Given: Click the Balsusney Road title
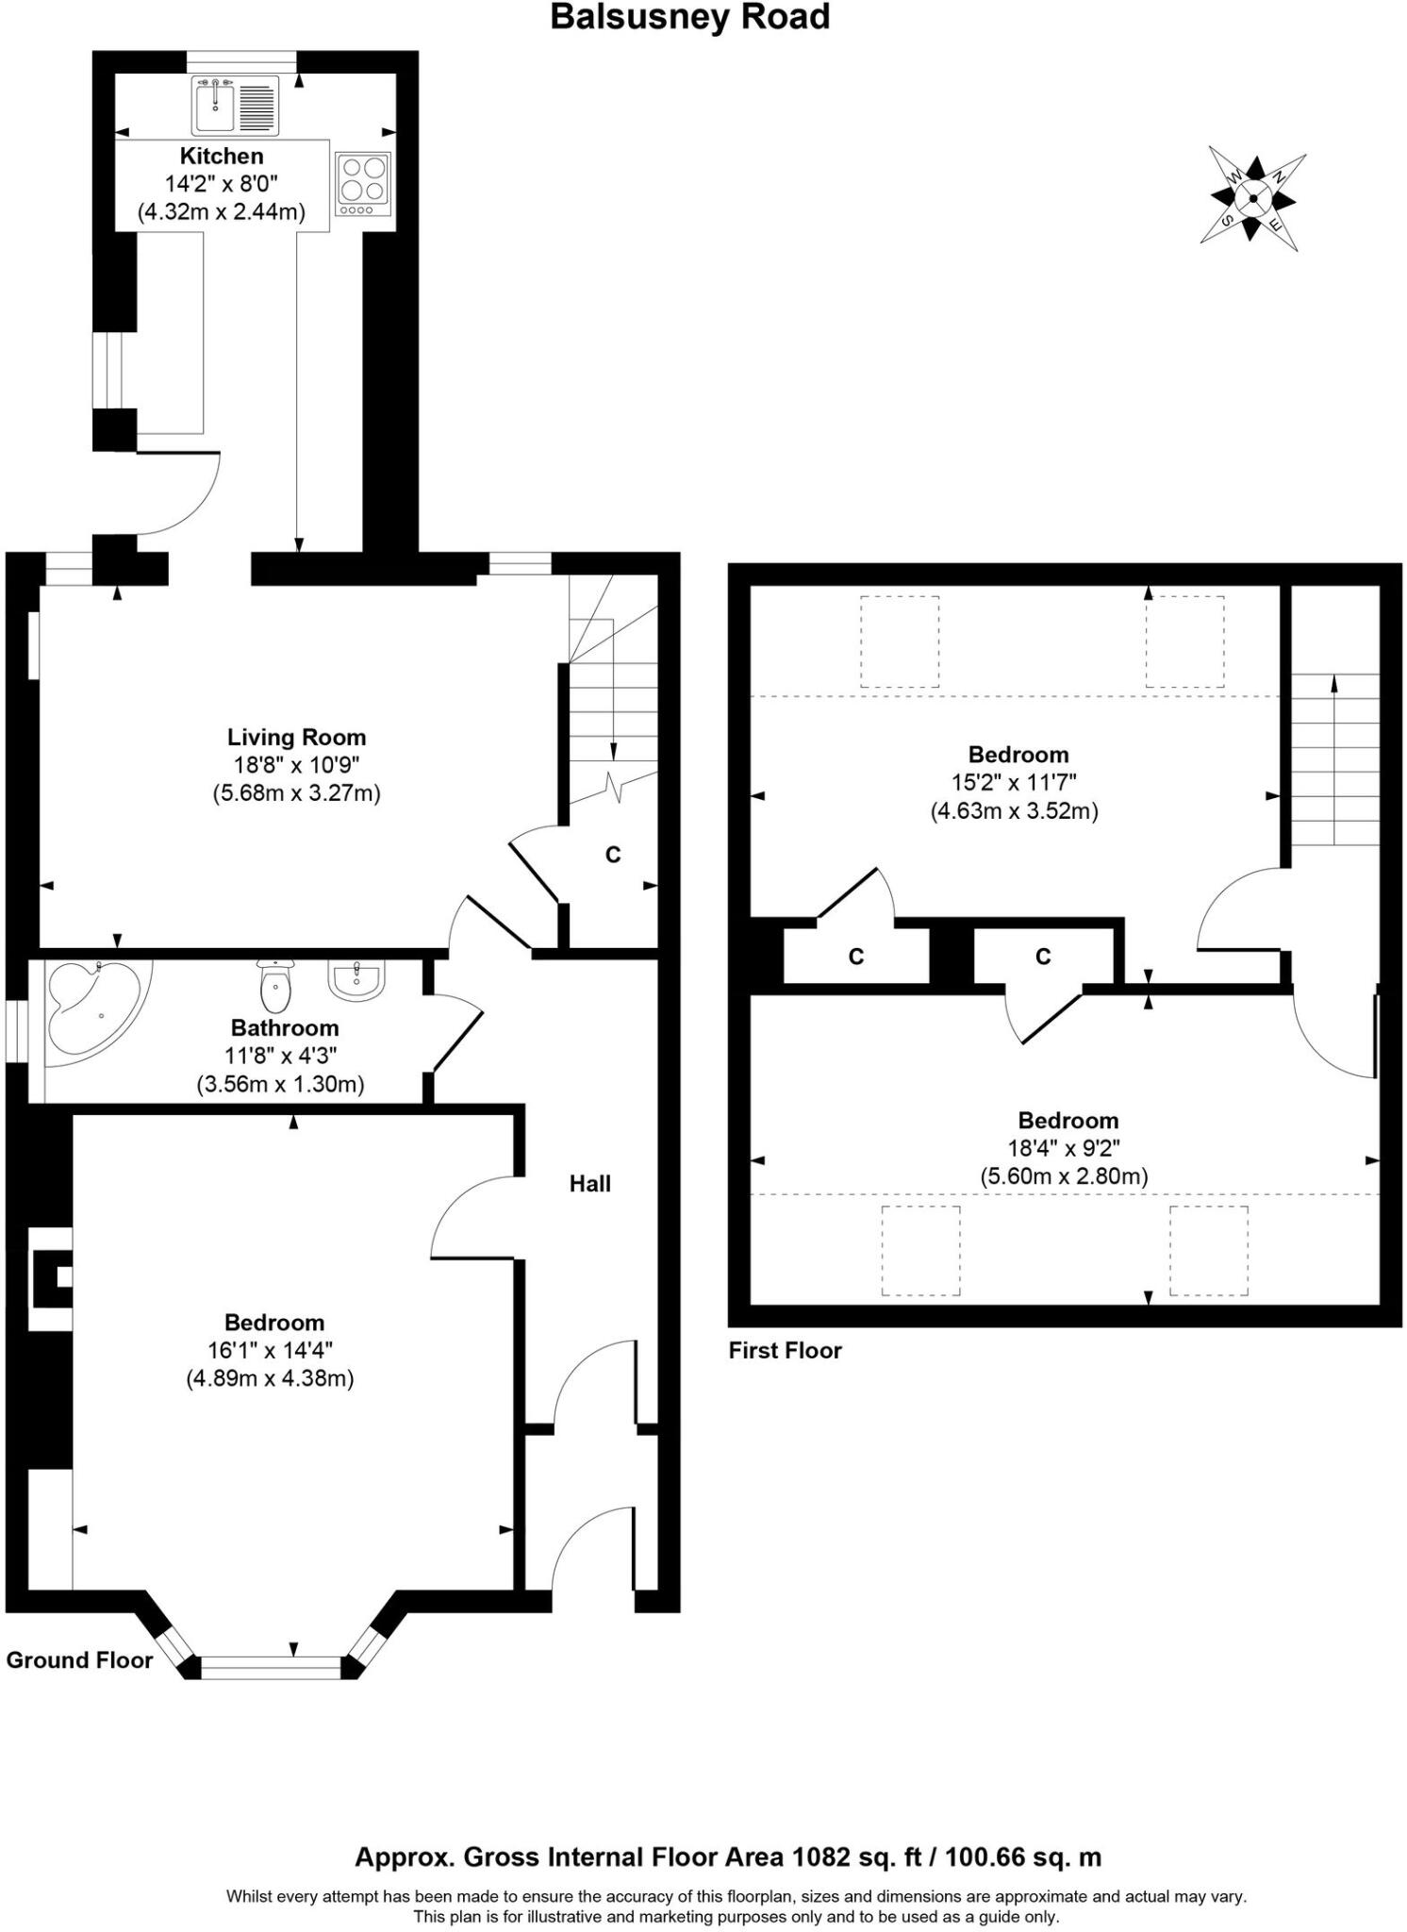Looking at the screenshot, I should [x=689, y=17].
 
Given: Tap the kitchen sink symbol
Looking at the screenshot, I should [x=235, y=104].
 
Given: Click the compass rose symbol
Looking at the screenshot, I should [x=1252, y=198].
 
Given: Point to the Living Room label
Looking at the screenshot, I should [x=296, y=737].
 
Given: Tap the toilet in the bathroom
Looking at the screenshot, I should [x=274, y=986].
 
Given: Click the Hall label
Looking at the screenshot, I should [x=589, y=1183].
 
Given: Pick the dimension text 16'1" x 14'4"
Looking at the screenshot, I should [x=270, y=1350].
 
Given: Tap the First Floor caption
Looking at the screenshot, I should [x=785, y=1350].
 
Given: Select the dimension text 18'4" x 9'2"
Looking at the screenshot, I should [x=1064, y=1148].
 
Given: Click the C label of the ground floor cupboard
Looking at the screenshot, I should [x=613, y=855].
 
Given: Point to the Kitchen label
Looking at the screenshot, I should [x=222, y=156].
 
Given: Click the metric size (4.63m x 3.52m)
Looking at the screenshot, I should [x=1015, y=810].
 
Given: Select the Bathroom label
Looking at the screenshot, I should [x=285, y=1027].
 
